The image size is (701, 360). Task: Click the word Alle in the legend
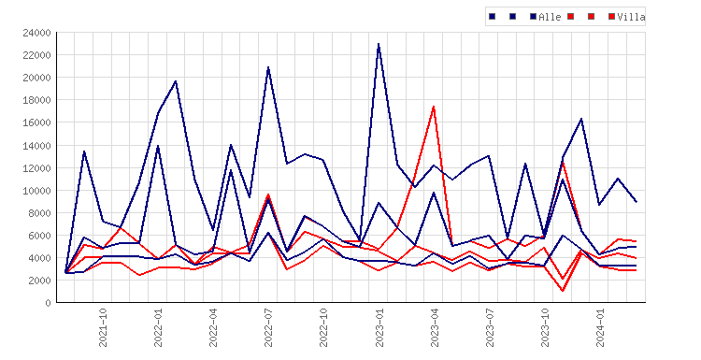pos(550,17)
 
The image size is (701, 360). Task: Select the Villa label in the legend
pos(631,17)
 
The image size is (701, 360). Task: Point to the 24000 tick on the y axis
pos(36,33)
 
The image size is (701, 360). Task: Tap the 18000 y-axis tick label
pos(36,100)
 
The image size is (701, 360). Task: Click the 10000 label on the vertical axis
pos(36,191)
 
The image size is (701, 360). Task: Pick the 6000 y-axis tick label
pos(39,236)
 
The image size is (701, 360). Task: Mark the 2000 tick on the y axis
pos(39,281)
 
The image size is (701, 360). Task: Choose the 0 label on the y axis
pos(48,303)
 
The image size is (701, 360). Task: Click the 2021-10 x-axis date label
pos(103,327)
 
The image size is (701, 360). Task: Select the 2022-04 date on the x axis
pos(213,327)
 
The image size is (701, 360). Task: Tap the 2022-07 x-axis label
pos(268,327)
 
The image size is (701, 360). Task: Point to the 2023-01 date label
pos(379,327)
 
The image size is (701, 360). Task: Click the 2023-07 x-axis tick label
pos(490,327)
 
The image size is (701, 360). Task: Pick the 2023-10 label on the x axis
pos(545,327)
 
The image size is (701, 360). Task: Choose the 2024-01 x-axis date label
pos(600,327)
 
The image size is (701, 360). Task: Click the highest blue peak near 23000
pos(379,44)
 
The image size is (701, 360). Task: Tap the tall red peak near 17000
pos(434,107)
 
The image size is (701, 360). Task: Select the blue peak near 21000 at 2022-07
pos(268,67)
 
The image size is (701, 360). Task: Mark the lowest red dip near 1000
pos(563,291)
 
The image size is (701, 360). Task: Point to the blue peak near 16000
pos(581,119)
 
